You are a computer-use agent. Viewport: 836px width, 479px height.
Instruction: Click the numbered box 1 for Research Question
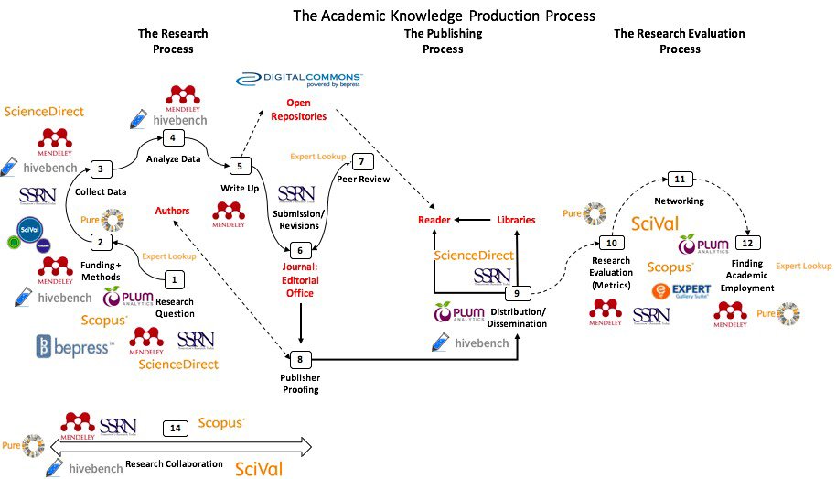[x=176, y=278]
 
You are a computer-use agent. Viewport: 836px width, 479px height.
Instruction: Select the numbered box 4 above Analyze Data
[x=171, y=138]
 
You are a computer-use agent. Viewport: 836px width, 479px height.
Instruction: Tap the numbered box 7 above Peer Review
[x=361, y=161]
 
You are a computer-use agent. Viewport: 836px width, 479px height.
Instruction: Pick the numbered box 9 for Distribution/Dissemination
[x=517, y=294]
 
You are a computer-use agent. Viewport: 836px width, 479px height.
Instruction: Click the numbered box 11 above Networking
[x=679, y=178]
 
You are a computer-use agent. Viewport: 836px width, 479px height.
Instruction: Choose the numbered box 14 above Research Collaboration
[x=175, y=428]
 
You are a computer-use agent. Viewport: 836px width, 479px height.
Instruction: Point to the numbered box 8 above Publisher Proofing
[x=299, y=358]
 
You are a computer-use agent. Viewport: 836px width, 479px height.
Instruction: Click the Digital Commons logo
[x=300, y=80]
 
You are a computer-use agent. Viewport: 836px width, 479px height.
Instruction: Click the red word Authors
[x=173, y=211]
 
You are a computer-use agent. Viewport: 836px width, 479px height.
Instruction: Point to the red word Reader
[x=434, y=220]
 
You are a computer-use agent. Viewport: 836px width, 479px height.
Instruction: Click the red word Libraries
[x=516, y=220]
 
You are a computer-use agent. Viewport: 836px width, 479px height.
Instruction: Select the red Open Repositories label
[x=305, y=110]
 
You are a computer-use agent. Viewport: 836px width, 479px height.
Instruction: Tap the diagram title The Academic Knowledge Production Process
[x=444, y=16]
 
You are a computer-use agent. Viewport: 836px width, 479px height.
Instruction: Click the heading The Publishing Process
[x=443, y=41]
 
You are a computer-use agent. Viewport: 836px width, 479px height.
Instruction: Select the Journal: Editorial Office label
[x=299, y=280]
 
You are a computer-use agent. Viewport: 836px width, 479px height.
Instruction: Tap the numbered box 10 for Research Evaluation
[x=611, y=244]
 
